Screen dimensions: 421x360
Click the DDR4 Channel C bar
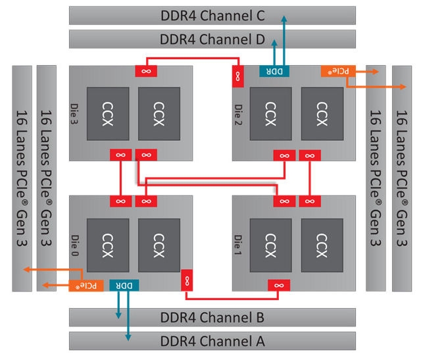click(x=212, y=16)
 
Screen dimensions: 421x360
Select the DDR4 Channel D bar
click(x=212, y=39)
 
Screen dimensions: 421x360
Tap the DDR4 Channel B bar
click(x=212, y=317)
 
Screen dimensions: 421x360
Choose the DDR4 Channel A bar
click(x=212, y=341)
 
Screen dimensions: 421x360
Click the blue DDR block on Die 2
click(x=274, y=71)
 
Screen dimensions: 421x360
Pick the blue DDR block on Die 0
click(x=124, y=286)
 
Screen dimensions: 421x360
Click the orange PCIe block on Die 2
click(x=338, y=71)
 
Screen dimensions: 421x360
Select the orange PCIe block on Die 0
click(x=86, y=286)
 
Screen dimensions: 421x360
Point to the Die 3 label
click(x=74, y=114)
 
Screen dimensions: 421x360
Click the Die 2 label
click(x=238, y=115)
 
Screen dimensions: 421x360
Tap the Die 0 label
click(x=75, y=245)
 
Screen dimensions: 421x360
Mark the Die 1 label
click(x=237, y=245)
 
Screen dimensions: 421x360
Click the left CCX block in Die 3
click(x=108, y=114)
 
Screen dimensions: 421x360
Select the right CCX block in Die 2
click(x=322, y=114)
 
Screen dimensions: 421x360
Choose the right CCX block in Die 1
click(x=322, y=245)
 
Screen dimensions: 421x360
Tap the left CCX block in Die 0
click(x=108, y=245)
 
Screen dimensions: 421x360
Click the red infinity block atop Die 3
click(x=146, y=71)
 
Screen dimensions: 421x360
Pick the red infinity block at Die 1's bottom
click(x=279, y=286)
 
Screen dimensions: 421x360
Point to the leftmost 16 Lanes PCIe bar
click(x=22, y=178)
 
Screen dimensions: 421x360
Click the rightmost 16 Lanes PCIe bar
click(x=402, y=178)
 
